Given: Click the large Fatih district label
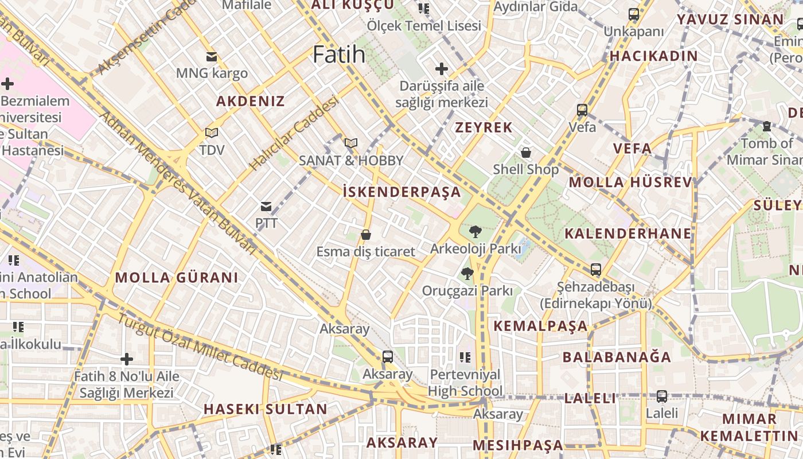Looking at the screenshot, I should (x=339, y=54).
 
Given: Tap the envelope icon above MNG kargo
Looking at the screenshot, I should (x=212, y=56).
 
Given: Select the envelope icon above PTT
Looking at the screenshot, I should (x=266, y=206).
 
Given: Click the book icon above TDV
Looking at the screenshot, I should (x=212, y=133).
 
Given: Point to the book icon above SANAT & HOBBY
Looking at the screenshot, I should (x=351, y=143).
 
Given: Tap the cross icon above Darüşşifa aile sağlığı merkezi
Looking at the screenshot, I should (x=441, y=69).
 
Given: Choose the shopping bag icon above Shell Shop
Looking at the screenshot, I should (x=525, y=152).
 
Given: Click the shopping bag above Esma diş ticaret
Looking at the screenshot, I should (x=365, y=235).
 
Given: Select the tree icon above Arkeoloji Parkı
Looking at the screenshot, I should (x=475, y=232).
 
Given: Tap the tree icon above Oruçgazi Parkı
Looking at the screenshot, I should (x=467, y=274).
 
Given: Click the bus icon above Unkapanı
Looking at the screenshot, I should (x=633, y=14).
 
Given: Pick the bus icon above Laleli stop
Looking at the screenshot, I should (x=661, y=396).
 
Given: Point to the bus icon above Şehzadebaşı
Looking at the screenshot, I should (x=596, y=269).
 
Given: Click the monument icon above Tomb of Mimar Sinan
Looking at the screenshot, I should (x=766, y=126).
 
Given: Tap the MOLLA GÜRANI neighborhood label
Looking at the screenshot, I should (x=177, y=278).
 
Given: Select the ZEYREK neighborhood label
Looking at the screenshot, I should (x=484, y=127).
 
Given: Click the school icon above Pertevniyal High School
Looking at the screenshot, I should (x=465, y=357).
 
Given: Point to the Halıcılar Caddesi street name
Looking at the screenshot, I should (x=293, y=134).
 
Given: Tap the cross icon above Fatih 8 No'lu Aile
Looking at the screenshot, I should (x=127, y=359).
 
